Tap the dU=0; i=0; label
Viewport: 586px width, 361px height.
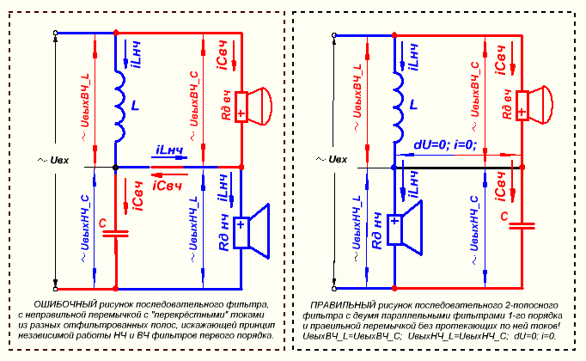444,144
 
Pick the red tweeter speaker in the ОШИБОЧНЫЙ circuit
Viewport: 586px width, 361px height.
253,107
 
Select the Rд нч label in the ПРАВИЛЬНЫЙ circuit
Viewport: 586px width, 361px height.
375,229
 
